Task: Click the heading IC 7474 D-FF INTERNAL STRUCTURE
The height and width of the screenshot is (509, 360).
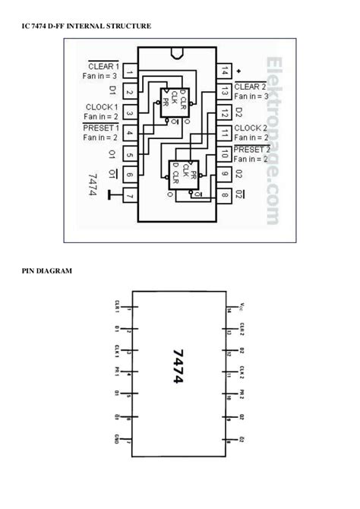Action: click(x=86, y=27)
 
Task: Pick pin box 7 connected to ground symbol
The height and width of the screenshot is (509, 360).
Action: click(x=129, y=197)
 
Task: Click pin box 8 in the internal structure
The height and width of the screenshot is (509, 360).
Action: click(x=225, y=197)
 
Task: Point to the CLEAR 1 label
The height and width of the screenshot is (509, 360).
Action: click(x=103, y=65)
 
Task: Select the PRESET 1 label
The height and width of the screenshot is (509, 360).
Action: click(x=100, y=128)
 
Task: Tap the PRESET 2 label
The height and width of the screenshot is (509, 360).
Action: click(x=252, y=149)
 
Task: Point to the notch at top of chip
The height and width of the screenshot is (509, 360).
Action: click(x=177, y=54)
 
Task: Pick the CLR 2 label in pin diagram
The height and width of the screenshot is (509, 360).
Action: click(x=242, y=330)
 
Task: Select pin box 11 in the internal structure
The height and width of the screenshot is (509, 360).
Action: click(x=225, y=134)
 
